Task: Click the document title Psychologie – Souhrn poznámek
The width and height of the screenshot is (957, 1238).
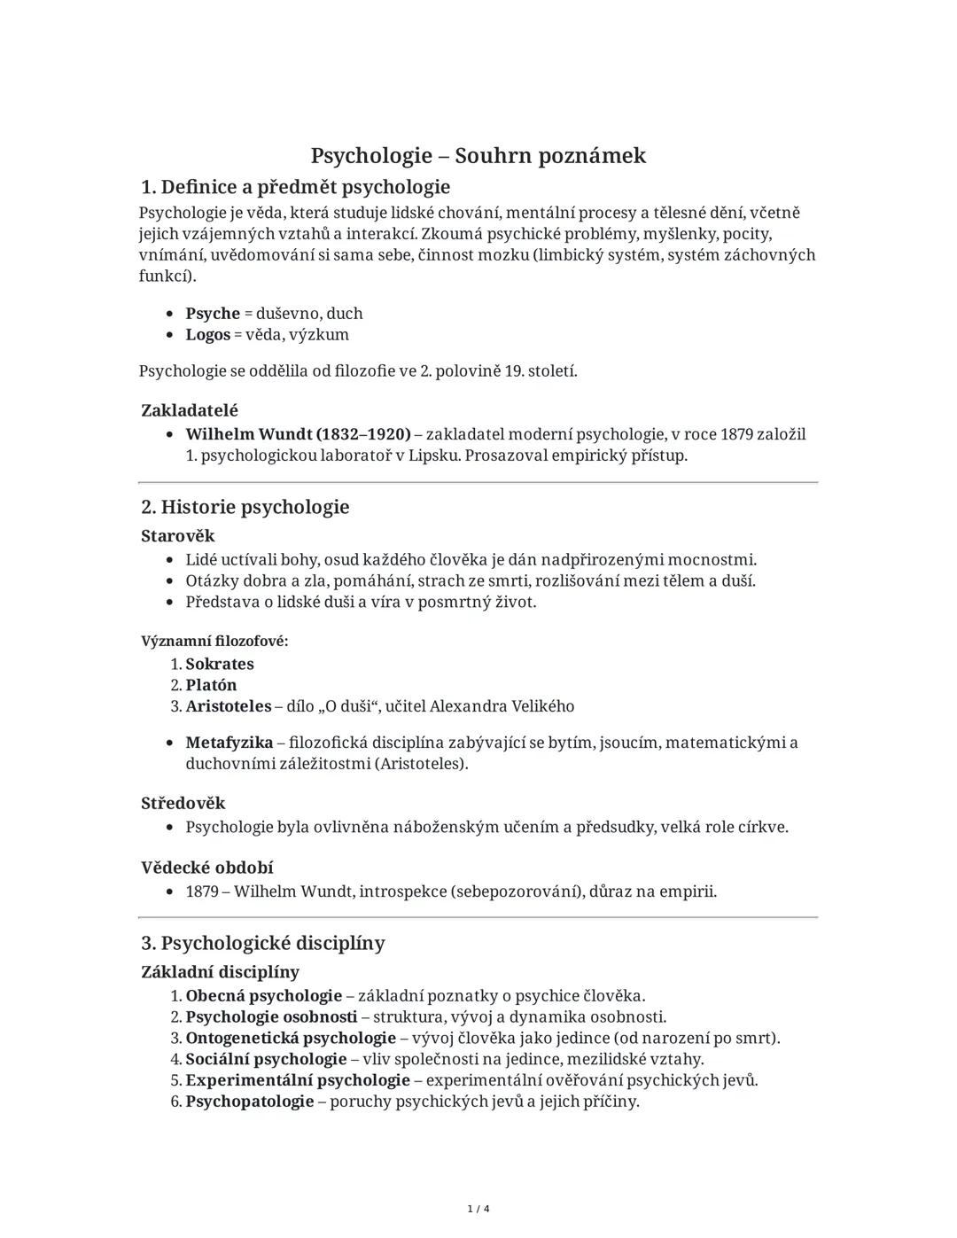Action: click(478, 156)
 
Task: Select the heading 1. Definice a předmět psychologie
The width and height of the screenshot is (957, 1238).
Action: click(295, 187)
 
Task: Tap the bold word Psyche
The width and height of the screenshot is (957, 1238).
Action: click(213, 314)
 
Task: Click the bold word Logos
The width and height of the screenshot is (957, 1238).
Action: click(207, 335)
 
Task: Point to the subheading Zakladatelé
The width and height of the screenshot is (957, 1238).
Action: click(190, 410)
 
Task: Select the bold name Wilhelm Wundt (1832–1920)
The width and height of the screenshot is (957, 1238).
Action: click(298, 434)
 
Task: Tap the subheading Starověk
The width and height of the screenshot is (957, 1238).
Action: click(177, 536)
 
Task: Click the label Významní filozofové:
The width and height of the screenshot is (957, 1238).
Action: click(214, 641)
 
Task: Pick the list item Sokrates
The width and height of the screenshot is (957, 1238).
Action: click(220, 664)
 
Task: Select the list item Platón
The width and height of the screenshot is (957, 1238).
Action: click(211, 685)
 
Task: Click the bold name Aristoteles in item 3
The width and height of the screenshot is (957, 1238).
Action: click(228, 706)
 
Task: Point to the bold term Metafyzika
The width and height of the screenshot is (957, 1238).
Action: click(229, 743)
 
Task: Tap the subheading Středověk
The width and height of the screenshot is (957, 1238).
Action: click(183, 803)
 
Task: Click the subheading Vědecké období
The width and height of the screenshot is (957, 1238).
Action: click(206, 867)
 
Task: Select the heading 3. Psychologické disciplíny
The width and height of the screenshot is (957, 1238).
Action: click(263, 943)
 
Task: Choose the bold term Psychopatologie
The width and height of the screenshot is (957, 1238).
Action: click(250, 1102)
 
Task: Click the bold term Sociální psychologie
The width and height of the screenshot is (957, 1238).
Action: click(266, 1059)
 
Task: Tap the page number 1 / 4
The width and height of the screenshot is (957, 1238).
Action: click(478, 1209)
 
